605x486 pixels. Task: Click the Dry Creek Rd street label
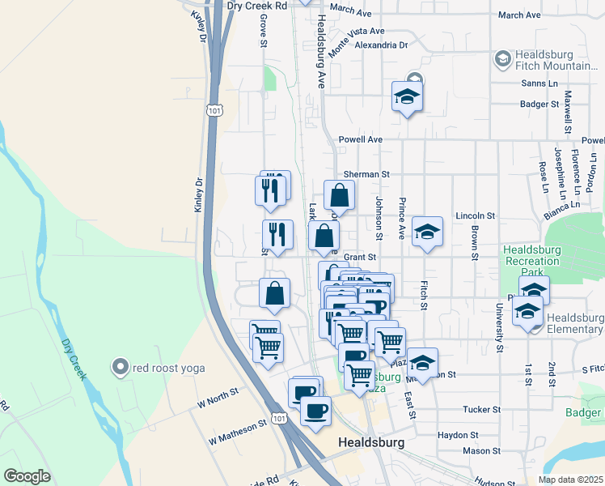click(x=257, y=5)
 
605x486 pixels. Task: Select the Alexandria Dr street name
click(x=381, y=45)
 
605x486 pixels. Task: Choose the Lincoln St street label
click(x=475, y=216)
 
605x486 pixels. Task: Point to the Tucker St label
click(x=483, y=410)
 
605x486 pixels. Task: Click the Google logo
click(x=27, y=476)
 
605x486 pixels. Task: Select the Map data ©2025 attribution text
click(x=570, y=480)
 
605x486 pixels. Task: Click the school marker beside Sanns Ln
click(x=408, y=98)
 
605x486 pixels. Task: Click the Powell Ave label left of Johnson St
click(x=360, y=139)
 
